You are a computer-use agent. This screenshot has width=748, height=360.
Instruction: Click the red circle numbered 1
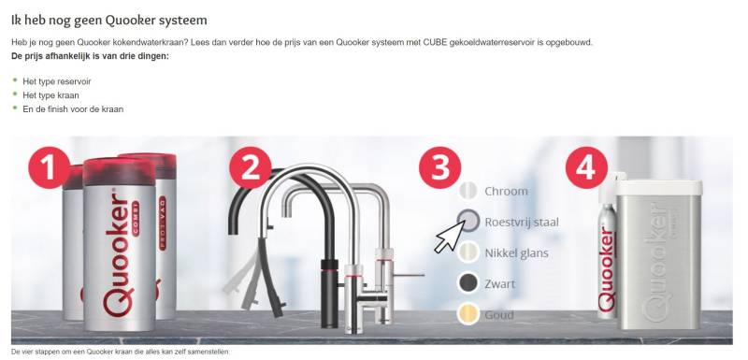[50, 167]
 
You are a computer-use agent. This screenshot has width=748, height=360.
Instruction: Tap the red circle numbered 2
[251, 167]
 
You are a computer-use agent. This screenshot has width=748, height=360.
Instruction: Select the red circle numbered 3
[439, 167]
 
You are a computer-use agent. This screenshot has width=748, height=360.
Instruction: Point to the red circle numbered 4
[587, 167]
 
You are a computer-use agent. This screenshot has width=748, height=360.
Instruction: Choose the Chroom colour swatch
[468, 191]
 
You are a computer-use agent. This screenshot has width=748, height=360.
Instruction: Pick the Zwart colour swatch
[468, 283]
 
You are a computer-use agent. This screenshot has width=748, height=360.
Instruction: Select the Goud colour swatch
[468, 315]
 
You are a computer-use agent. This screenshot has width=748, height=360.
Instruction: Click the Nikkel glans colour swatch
[468, 252]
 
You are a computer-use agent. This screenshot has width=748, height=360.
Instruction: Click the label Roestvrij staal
[522, 223]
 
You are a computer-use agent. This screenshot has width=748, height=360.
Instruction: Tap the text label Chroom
[506, 191]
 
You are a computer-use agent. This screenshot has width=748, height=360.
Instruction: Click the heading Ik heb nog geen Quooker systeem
[109, 20]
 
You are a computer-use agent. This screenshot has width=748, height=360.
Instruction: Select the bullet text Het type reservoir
[57, 81]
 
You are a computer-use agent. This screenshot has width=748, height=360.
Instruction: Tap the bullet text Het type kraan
[51, 95]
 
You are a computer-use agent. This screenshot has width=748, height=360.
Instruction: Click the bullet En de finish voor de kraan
[73, 109]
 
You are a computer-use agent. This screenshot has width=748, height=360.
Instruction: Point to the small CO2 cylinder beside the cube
[607, 247]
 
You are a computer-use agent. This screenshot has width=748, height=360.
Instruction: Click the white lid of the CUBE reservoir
[659, 188]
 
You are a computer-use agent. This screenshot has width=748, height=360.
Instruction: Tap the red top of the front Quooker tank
[120, 172]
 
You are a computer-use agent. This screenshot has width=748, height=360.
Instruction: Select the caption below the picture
[121, 352]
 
